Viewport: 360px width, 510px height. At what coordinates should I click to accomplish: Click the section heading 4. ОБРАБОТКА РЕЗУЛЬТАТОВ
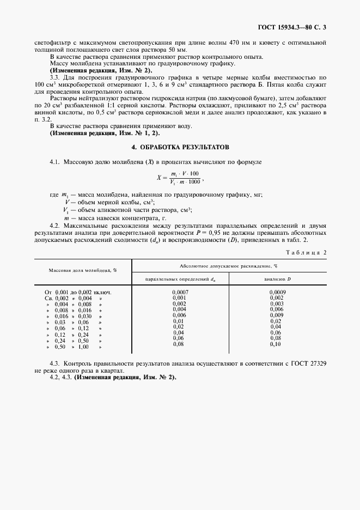pyautogui.click(x=180, y=147)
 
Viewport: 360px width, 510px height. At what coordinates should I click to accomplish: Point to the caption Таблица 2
pyautogui.click(x=308, y=252)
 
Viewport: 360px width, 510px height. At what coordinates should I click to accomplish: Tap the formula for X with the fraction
pyautogui.click(x=180, y=177)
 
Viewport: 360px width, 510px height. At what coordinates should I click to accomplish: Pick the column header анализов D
pyautogui.click(x=277, y=279)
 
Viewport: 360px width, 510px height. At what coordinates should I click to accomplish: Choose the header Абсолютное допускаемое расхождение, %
pyautogui.click(x=229, y=265)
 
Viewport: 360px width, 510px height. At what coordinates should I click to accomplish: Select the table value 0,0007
pyautogui.click(x=180, y=293)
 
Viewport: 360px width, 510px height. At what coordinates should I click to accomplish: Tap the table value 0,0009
pyautogui.click(x=277, y=293)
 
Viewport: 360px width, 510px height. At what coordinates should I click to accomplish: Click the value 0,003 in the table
pyautogui.click(x=277, y=303)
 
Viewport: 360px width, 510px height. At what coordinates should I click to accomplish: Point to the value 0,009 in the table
pyautogui.click(x=277, y=315)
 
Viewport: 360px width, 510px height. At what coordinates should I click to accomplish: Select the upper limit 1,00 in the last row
pyautogui.click(x=84, y=347)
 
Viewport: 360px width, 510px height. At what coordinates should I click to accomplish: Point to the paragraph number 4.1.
pyautogui.click(x=54, y=162)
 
